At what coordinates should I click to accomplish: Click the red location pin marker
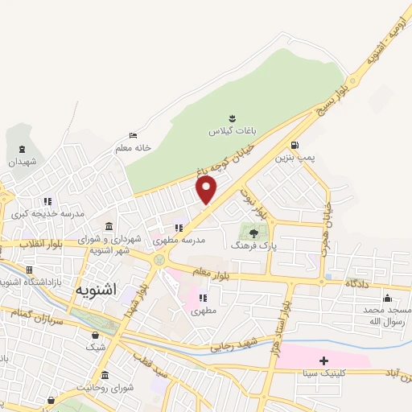[207, 190]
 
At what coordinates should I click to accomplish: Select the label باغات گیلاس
[231, 130]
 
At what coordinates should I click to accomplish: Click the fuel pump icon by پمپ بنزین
[295, 145]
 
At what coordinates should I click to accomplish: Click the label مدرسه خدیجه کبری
[36, 215]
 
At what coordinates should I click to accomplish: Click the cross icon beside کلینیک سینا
[324, 360]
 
